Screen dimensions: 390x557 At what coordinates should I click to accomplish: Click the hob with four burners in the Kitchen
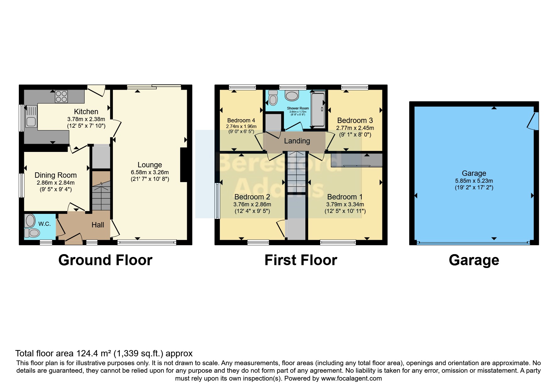coord(61,96)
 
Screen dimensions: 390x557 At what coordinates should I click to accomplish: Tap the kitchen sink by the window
coord(31,116)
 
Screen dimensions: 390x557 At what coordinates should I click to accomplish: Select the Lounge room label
coord(150,165)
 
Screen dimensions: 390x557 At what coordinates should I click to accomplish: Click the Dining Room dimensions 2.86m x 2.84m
coord(56,183)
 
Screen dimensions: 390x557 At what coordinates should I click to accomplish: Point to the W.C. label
coord(44,224)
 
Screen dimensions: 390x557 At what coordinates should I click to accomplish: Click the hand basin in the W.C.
coord(31,221)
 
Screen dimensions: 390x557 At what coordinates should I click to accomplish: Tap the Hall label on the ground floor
coord(98,225)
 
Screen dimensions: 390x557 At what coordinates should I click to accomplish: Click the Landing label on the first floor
coord(297,141)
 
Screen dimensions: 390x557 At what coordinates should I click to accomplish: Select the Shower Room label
coord(298,108)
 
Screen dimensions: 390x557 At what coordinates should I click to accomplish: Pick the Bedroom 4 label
coord(241,120)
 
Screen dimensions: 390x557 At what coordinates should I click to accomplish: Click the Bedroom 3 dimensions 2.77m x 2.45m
coord(355,128)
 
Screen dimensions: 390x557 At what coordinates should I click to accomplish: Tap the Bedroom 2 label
coord(252,197)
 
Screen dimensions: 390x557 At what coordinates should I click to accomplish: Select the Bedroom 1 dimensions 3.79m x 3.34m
coord(345,204)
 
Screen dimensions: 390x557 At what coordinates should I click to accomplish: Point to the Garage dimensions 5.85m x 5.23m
coord(474,181)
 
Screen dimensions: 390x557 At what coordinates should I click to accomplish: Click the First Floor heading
coord(301,260)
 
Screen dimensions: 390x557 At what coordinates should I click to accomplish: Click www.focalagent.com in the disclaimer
coord(351,378)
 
